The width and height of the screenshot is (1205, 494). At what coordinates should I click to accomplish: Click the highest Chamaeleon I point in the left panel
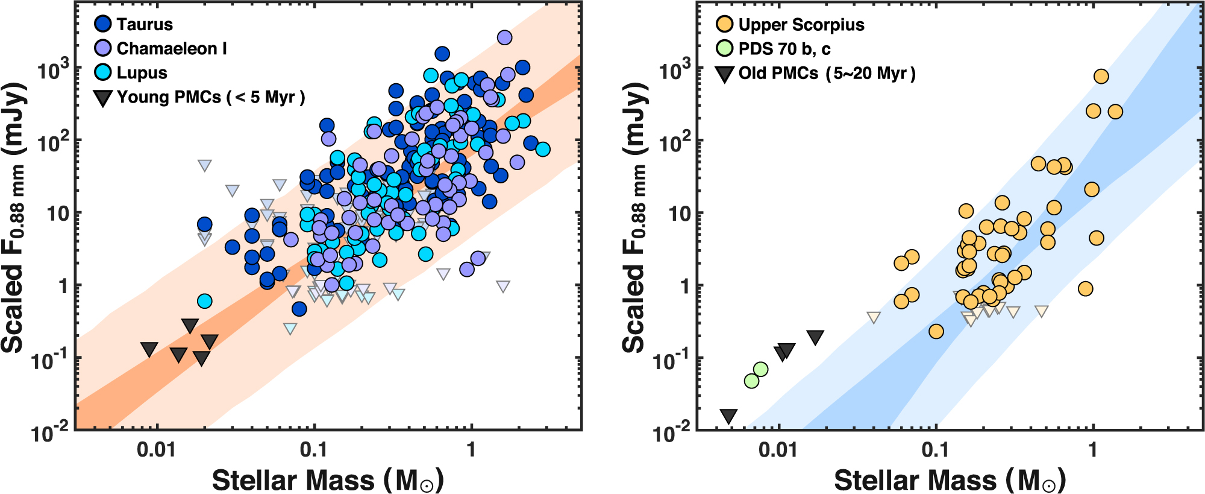(x=504, y=37)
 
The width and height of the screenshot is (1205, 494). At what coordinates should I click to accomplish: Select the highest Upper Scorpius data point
(x=1101, y=77)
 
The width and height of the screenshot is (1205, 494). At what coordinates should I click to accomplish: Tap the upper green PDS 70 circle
(x=761, y=369)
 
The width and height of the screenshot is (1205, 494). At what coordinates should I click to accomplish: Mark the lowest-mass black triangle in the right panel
(x=729, y=416)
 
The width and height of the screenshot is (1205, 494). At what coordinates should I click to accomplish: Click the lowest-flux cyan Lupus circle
(x=205, y=300)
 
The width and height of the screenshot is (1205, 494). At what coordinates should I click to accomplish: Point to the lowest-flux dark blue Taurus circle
(x=299, y=309)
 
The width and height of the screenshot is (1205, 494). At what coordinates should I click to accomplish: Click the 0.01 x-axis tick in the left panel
(x=157, y=450)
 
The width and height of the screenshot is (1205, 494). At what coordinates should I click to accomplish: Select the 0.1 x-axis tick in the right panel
(x=935, y=450)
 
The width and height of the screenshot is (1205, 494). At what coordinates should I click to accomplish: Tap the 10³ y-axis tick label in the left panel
(x=53, y=70)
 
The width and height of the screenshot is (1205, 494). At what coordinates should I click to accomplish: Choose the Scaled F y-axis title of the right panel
(x=636, y=217)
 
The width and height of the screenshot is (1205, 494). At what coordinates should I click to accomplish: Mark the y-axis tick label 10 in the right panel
(x=680, y=214)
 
